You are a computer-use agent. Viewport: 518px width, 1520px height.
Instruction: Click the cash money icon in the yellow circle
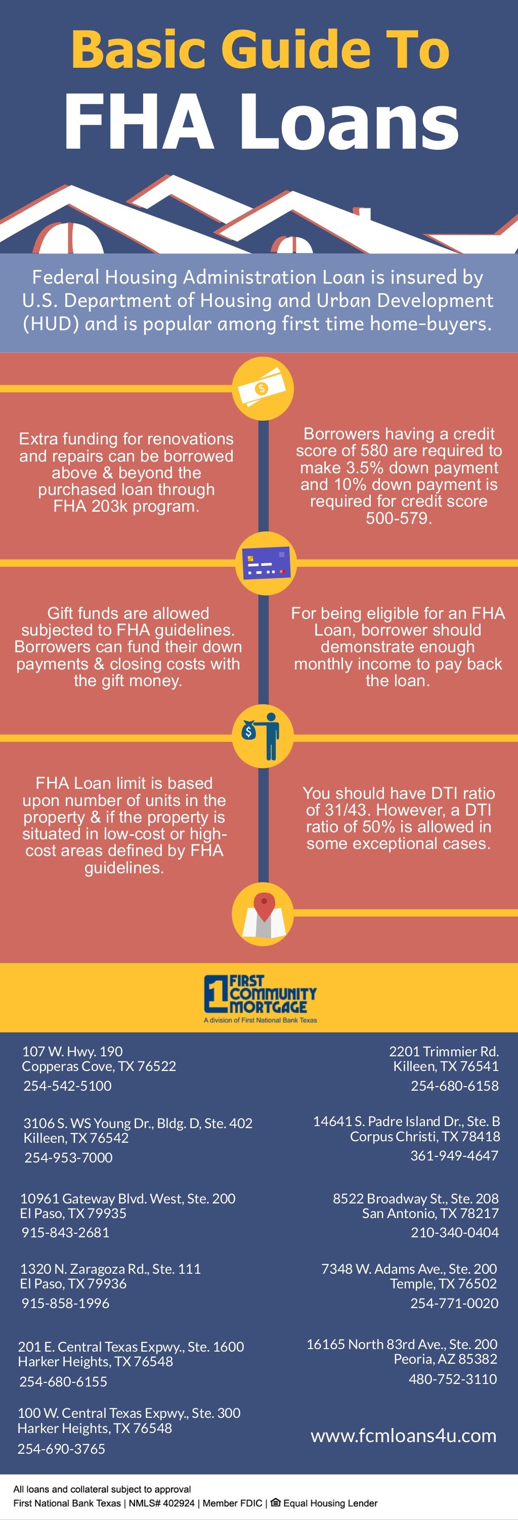262,389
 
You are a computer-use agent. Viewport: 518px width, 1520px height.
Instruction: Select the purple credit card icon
266,563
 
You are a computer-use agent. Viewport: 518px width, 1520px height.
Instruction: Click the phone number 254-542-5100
67,1086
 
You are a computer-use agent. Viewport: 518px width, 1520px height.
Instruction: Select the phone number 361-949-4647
454,1155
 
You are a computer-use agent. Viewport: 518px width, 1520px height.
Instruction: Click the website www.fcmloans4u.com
404,1436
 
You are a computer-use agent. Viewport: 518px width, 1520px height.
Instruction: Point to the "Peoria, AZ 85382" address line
446,1359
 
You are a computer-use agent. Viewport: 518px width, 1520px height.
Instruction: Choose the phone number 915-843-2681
65,1232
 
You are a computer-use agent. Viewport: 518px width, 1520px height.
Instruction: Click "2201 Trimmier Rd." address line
444,1051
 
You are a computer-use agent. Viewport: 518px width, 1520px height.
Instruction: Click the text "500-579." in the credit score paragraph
399,518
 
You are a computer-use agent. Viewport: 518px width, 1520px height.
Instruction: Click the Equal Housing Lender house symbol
276,1502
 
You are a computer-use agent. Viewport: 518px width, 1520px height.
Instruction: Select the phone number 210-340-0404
454,1232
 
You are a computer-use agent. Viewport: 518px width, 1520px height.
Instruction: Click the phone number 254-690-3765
61,1449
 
